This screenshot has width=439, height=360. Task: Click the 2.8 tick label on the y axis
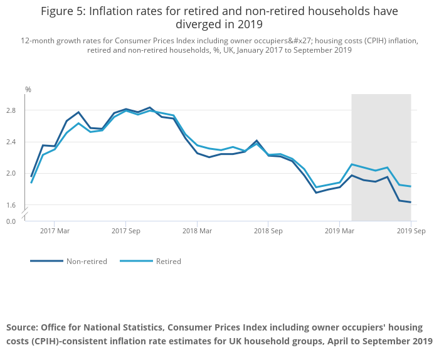coord(11,110)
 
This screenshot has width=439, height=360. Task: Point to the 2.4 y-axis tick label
coord(11,142)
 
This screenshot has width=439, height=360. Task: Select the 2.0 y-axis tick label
coord(11,173)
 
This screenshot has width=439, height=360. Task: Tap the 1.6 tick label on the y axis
coord(11,204)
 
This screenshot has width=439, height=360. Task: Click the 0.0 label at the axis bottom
coord(11,221)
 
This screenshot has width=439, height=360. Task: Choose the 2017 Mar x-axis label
coord(55,231)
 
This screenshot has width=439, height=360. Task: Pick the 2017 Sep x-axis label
coord(126,231)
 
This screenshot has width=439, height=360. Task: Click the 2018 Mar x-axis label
coord(197,231)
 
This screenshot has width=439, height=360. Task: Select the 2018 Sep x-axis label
coord(268,231)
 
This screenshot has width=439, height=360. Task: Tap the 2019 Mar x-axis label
coord(339,231)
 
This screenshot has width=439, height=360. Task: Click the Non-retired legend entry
coord(87,261)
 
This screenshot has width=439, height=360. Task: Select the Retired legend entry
coord(168,261)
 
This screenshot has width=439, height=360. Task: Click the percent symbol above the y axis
coord(28,90)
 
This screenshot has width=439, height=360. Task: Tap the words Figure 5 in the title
coord(65,11)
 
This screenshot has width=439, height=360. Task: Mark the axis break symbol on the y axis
coord(26,213)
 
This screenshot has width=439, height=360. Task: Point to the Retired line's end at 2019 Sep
coord(411,186)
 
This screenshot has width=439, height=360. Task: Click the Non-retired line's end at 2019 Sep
coord(411,202)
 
